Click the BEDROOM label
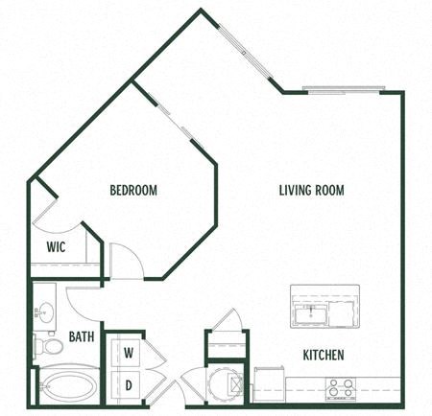click(x=132, y=191)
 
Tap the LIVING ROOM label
click(x=311, y=190)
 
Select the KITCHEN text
click(x=324, y=355)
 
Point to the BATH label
click(x=80, y=337)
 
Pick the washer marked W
click(x=128, y=352)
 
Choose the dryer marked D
click(x=128, y=384)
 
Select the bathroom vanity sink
click(x=42, y=312)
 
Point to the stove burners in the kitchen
click(x=339, y=387)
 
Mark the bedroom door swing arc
click(x=126, y=259)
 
